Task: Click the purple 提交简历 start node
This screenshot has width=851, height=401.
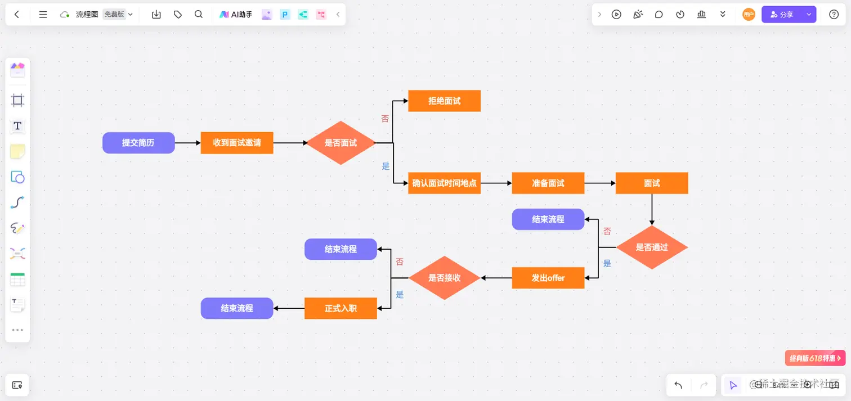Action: (x=138, y=143)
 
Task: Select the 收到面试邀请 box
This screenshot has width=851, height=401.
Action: (x=237, y=143)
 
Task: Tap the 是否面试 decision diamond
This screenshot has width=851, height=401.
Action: (x=341, y=143)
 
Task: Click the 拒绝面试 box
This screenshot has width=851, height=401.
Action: (x=444, y=101)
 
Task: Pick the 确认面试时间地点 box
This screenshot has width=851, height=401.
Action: (x=444, y=183)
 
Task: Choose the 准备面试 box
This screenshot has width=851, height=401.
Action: (x=548, y=183)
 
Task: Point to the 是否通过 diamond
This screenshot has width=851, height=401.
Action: (x=652, y=247)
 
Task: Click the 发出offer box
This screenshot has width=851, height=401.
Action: (x=548, y=278)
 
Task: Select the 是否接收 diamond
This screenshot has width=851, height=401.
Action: (x=444, y=278)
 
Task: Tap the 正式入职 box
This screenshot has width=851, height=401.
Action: (x=341, y=308)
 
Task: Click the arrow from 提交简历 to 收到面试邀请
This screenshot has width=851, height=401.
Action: (x=188, y=143)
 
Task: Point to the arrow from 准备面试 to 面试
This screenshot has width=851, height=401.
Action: (x=600, y=183)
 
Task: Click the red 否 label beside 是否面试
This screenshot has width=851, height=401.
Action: (x=385, y=119)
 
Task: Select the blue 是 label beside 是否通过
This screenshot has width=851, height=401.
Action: (x=607, y=263)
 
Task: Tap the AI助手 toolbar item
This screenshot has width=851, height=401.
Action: (x=236, y=15)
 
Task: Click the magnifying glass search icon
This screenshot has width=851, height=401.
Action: (x=199, y=15)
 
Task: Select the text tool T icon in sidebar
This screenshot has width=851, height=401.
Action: (x=17, y=126)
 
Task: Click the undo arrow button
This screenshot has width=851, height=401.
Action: (x=678, y=385)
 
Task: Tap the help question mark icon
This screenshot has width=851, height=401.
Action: (x=834, y=15)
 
